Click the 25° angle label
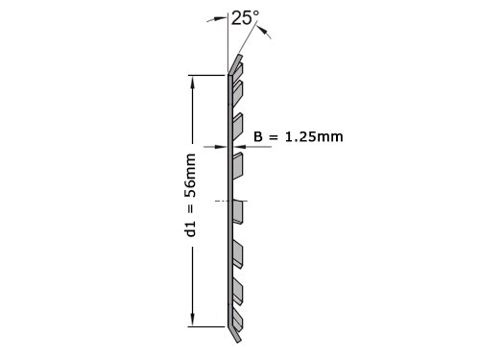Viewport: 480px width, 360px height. click(245, 18)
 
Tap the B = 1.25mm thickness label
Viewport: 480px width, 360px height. click(299, 136)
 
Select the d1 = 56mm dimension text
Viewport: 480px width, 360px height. click(190, 195)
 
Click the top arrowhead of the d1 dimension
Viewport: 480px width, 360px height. click(192, 83)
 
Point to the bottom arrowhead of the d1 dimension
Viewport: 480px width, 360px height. click(192, 319)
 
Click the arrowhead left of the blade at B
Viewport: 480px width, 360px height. click(220, 147)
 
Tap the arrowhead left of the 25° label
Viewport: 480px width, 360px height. click(220, 18)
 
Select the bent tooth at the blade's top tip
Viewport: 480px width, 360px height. click(235, 64)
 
